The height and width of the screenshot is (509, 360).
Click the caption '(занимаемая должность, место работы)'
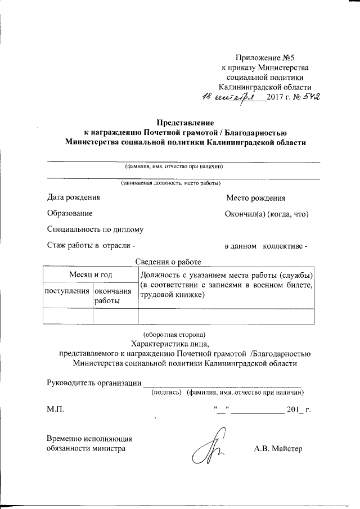point(170,183)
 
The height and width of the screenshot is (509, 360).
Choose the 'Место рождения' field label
point(255,198)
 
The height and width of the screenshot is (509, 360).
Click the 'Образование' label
point(70,214)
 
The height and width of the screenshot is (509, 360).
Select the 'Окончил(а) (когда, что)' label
point(267,214)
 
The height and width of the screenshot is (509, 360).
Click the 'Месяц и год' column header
point(91,274)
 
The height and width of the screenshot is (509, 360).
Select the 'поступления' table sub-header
point(67,291)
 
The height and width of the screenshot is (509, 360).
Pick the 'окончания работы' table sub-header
point(115,296)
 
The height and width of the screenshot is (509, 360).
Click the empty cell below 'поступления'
point(67,317)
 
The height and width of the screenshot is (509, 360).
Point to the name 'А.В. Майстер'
point(278,449)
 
